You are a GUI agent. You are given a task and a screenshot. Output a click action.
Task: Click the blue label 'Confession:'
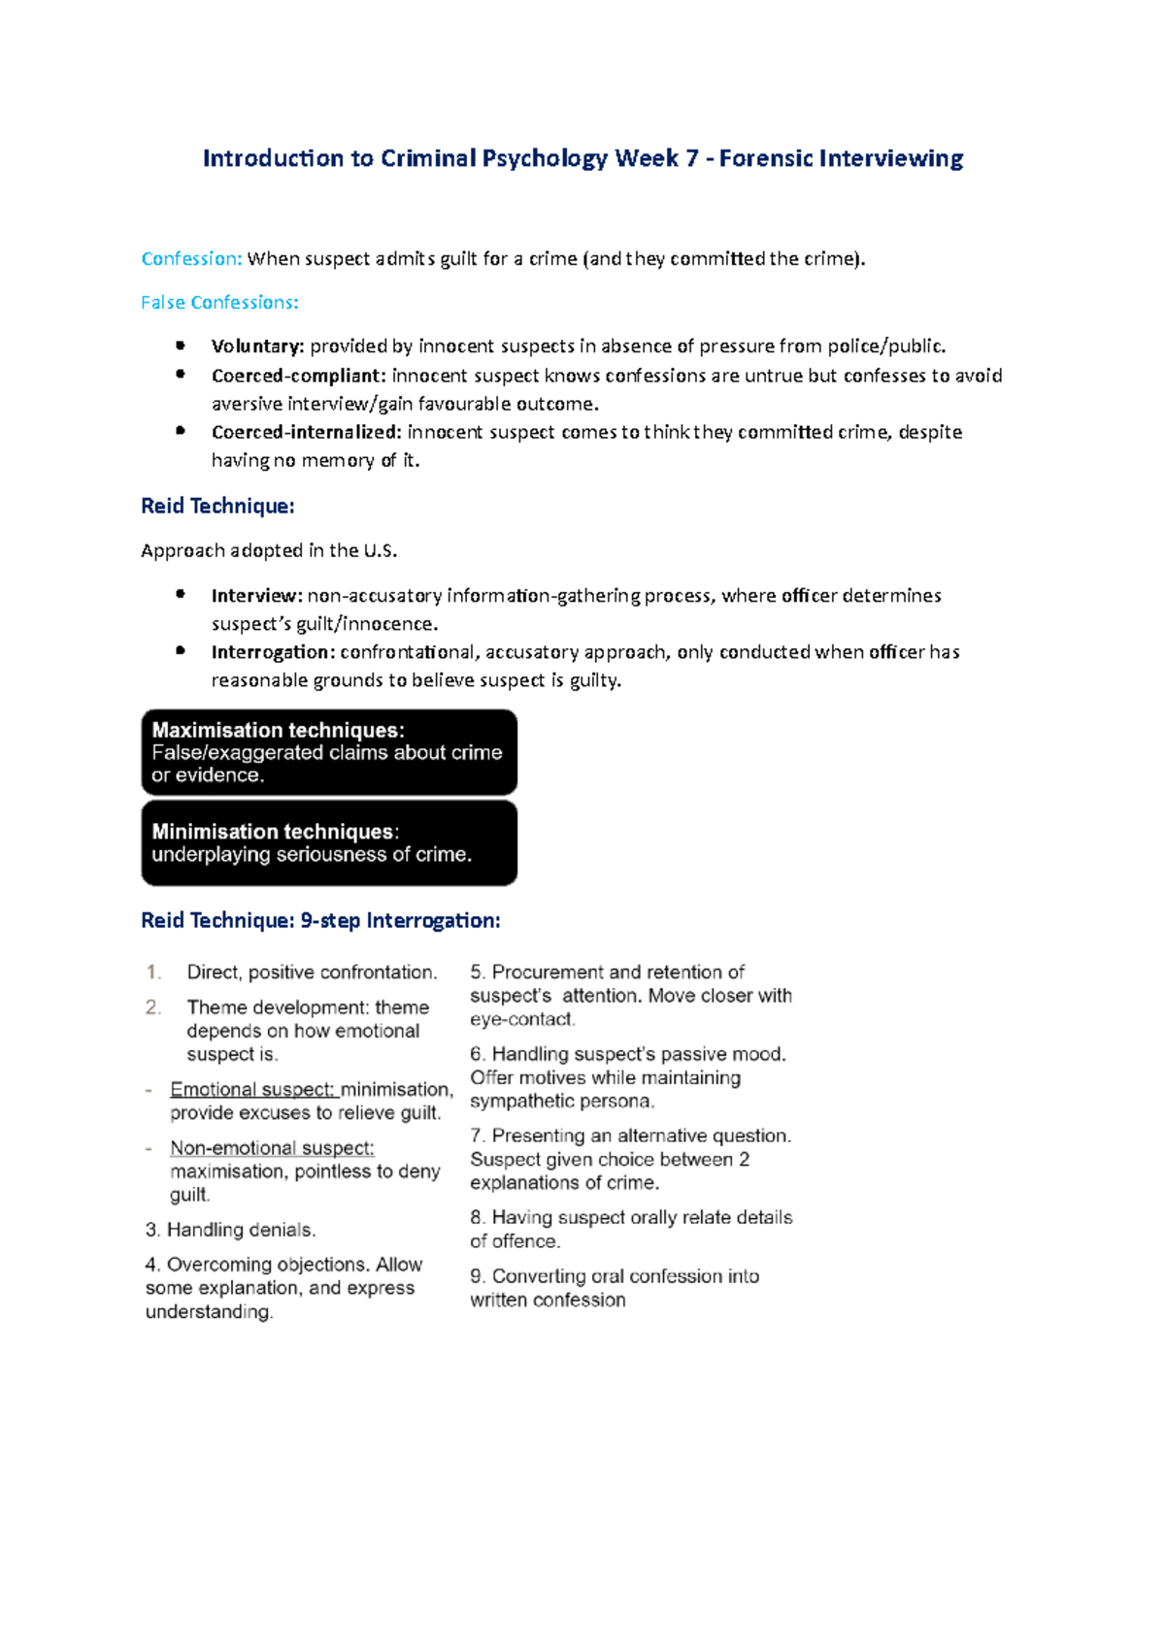(x=191, y=258)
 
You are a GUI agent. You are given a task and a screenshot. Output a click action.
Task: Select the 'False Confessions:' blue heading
(x=219, y=302)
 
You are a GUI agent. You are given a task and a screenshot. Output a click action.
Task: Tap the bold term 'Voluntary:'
(x=257, y=346)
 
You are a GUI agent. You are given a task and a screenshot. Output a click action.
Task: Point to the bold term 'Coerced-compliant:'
(x=298, y=375)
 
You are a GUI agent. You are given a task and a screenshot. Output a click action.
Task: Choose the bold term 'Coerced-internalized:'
(x=306, y=431)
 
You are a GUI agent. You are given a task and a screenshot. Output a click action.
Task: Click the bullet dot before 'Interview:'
(x=181, y=594)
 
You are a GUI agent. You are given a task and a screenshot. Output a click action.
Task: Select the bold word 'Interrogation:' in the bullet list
(x=273, y=651)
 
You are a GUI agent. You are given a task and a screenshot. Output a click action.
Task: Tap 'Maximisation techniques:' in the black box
(x=278, y=730)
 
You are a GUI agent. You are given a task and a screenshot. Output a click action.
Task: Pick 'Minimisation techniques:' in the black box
(x=275, y=832)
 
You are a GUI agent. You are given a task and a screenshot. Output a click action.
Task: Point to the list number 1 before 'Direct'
(x=152, y=972)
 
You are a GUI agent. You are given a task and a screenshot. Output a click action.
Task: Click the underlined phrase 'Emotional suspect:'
(x=252, y=1089)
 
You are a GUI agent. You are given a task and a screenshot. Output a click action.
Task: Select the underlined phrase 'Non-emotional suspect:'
(x=272, y=1147)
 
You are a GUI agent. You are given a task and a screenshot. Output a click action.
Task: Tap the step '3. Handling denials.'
(x=230, y=1230)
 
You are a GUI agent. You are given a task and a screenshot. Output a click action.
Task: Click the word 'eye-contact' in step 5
(x=521, y=1019)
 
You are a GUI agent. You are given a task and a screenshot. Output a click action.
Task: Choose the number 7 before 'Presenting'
(x=477, y=1136)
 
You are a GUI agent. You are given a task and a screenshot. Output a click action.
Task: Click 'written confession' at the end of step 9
(x=548, y=1300)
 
